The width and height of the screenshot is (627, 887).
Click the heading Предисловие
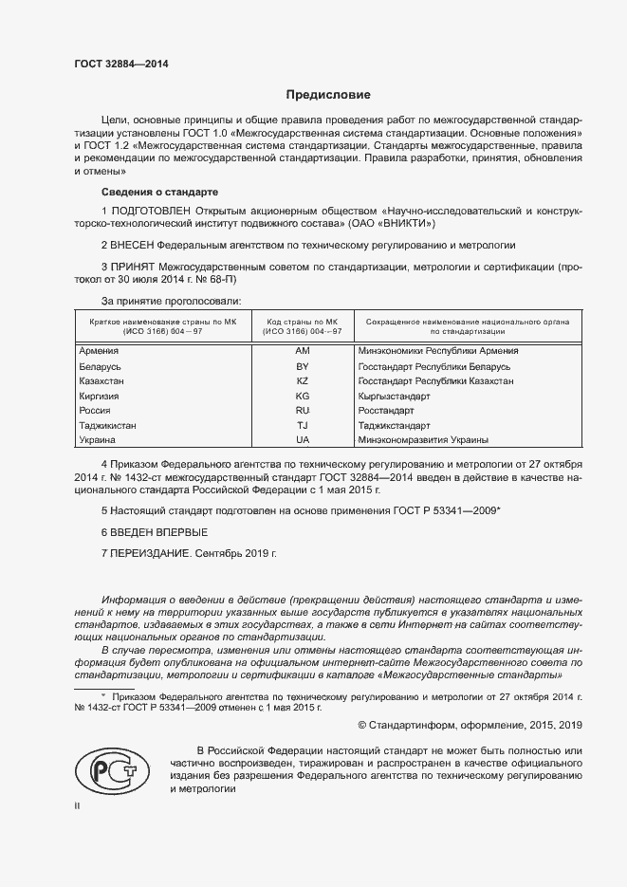329,95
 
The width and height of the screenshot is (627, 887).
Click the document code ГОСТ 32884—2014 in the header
121,65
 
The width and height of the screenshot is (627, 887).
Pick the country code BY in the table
303,366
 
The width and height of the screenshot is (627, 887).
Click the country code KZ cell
303,380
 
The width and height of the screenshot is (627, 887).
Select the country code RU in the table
303,411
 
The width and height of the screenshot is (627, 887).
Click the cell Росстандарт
386,411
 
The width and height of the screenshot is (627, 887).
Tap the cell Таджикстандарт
395,426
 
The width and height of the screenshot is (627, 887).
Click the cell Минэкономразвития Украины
423,440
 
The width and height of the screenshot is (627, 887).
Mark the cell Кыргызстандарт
393,396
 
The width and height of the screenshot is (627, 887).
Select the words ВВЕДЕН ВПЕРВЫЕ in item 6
159,532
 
